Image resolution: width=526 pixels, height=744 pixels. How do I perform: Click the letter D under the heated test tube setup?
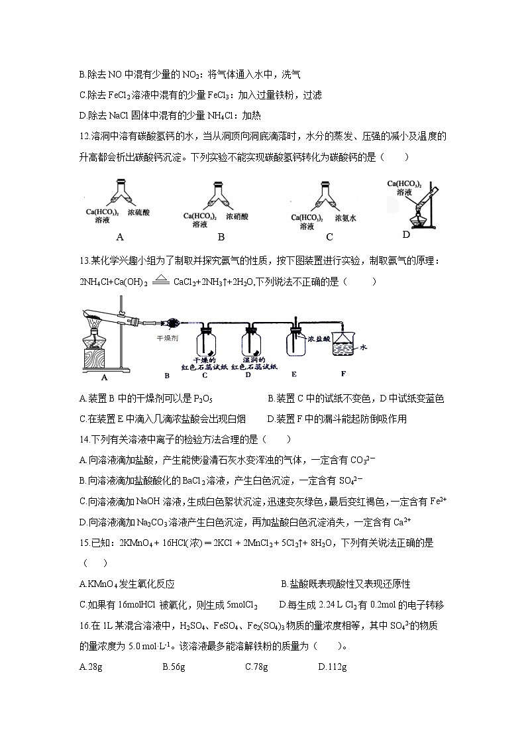click(x=406, y=234)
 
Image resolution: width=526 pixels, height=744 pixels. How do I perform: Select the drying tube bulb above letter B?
click(x=175, y=323)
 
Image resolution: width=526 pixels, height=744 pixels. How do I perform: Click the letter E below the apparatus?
click(x=294, y=375)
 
